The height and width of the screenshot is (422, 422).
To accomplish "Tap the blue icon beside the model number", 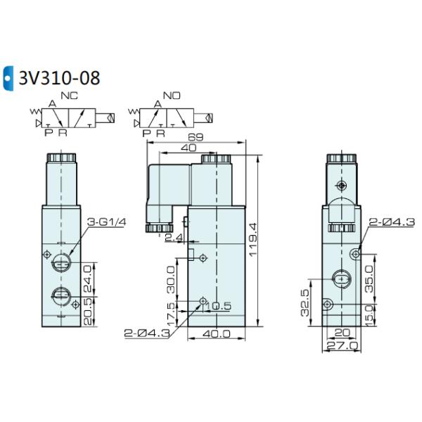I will [8, 77].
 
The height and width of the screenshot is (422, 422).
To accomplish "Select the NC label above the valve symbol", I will [68, 97].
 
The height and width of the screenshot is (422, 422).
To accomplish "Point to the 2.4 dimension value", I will [172, 238].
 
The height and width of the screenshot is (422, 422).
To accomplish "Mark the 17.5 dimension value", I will [170, 311].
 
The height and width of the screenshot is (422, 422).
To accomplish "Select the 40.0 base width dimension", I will [217, 334].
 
